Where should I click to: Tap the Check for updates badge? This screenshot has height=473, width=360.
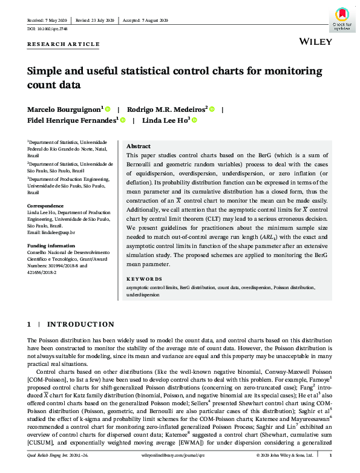[x=342, y=19]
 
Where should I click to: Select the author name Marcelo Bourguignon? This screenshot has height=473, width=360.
[x=64, y=109]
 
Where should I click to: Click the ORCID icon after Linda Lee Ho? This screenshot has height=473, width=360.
[x=195, y=120]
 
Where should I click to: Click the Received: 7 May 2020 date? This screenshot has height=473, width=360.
[x=49, y=20]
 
